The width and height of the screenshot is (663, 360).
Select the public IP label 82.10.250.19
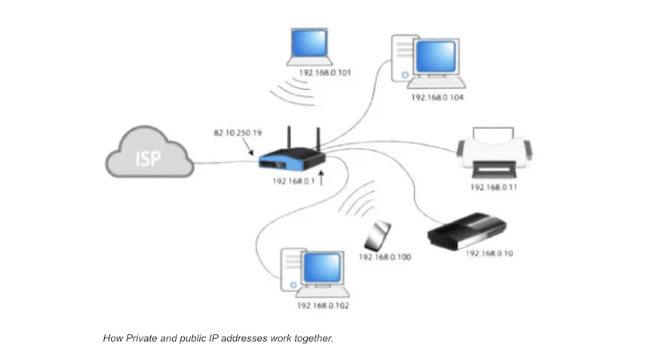pos(237,134)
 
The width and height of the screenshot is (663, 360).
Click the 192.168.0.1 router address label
pos(293,181)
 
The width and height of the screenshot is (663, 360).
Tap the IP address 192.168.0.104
pos(437,97)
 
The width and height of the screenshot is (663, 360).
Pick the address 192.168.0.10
pos(489,254)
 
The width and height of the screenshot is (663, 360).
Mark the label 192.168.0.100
pos(385,257)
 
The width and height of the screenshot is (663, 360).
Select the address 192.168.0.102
pos(323,306)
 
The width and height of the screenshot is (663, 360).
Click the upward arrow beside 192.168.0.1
pos(323,179)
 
